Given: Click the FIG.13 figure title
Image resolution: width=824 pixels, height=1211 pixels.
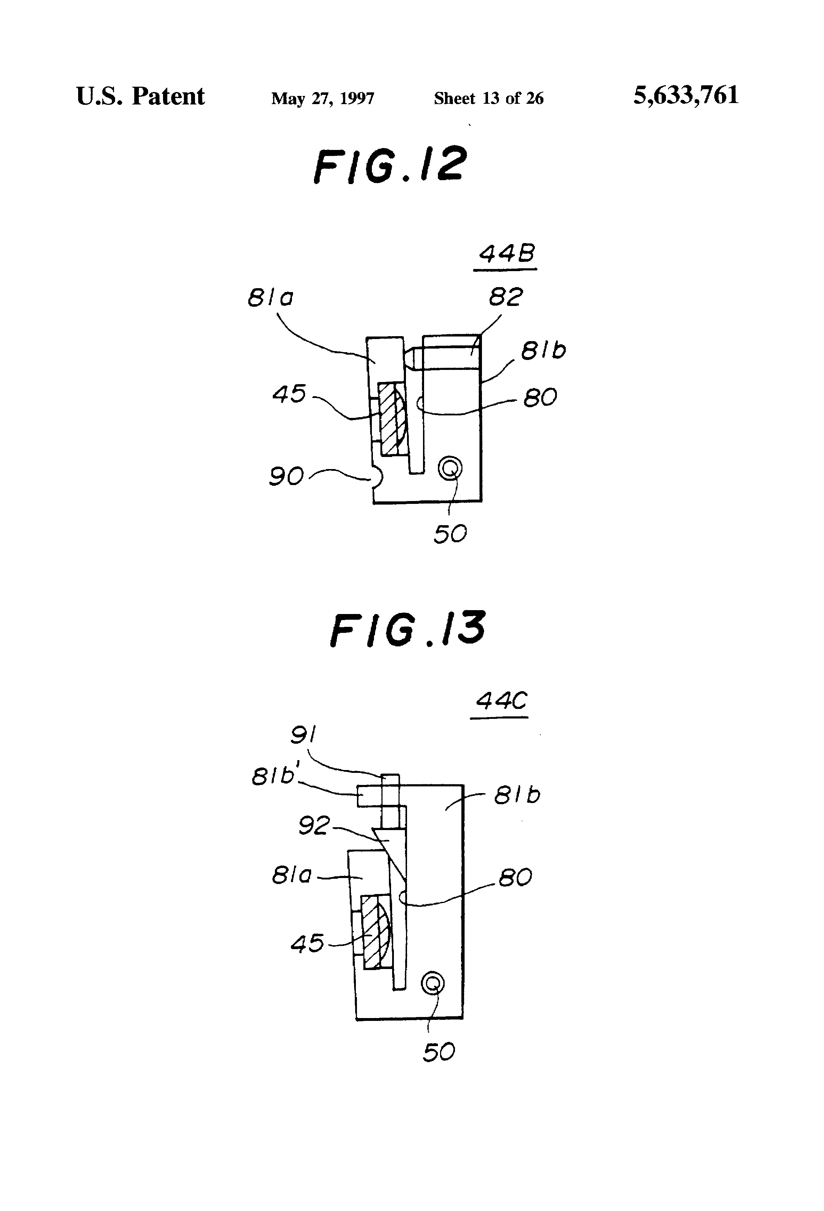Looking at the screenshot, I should click(x=407, y=629).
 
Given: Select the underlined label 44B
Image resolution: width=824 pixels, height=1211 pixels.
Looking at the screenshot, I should click(x=506, y=254).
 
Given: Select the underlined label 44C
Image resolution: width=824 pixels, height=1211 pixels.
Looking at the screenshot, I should click(x=500, y=701).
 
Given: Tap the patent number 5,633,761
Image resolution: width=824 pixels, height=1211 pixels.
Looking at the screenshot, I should click(x=685, y=96).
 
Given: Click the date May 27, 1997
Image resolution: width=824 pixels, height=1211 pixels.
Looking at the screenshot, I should click(x=322, y=98).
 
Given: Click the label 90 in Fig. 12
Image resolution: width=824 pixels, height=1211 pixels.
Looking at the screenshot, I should click(x=286, y=476).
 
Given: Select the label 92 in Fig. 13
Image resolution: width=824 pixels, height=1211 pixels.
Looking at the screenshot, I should click(x=314, y=825).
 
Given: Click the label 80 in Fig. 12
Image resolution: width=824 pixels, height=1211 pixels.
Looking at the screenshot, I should click(x=540, y=398).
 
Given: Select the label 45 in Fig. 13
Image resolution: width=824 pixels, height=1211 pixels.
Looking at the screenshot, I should click(x=307, y=943).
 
